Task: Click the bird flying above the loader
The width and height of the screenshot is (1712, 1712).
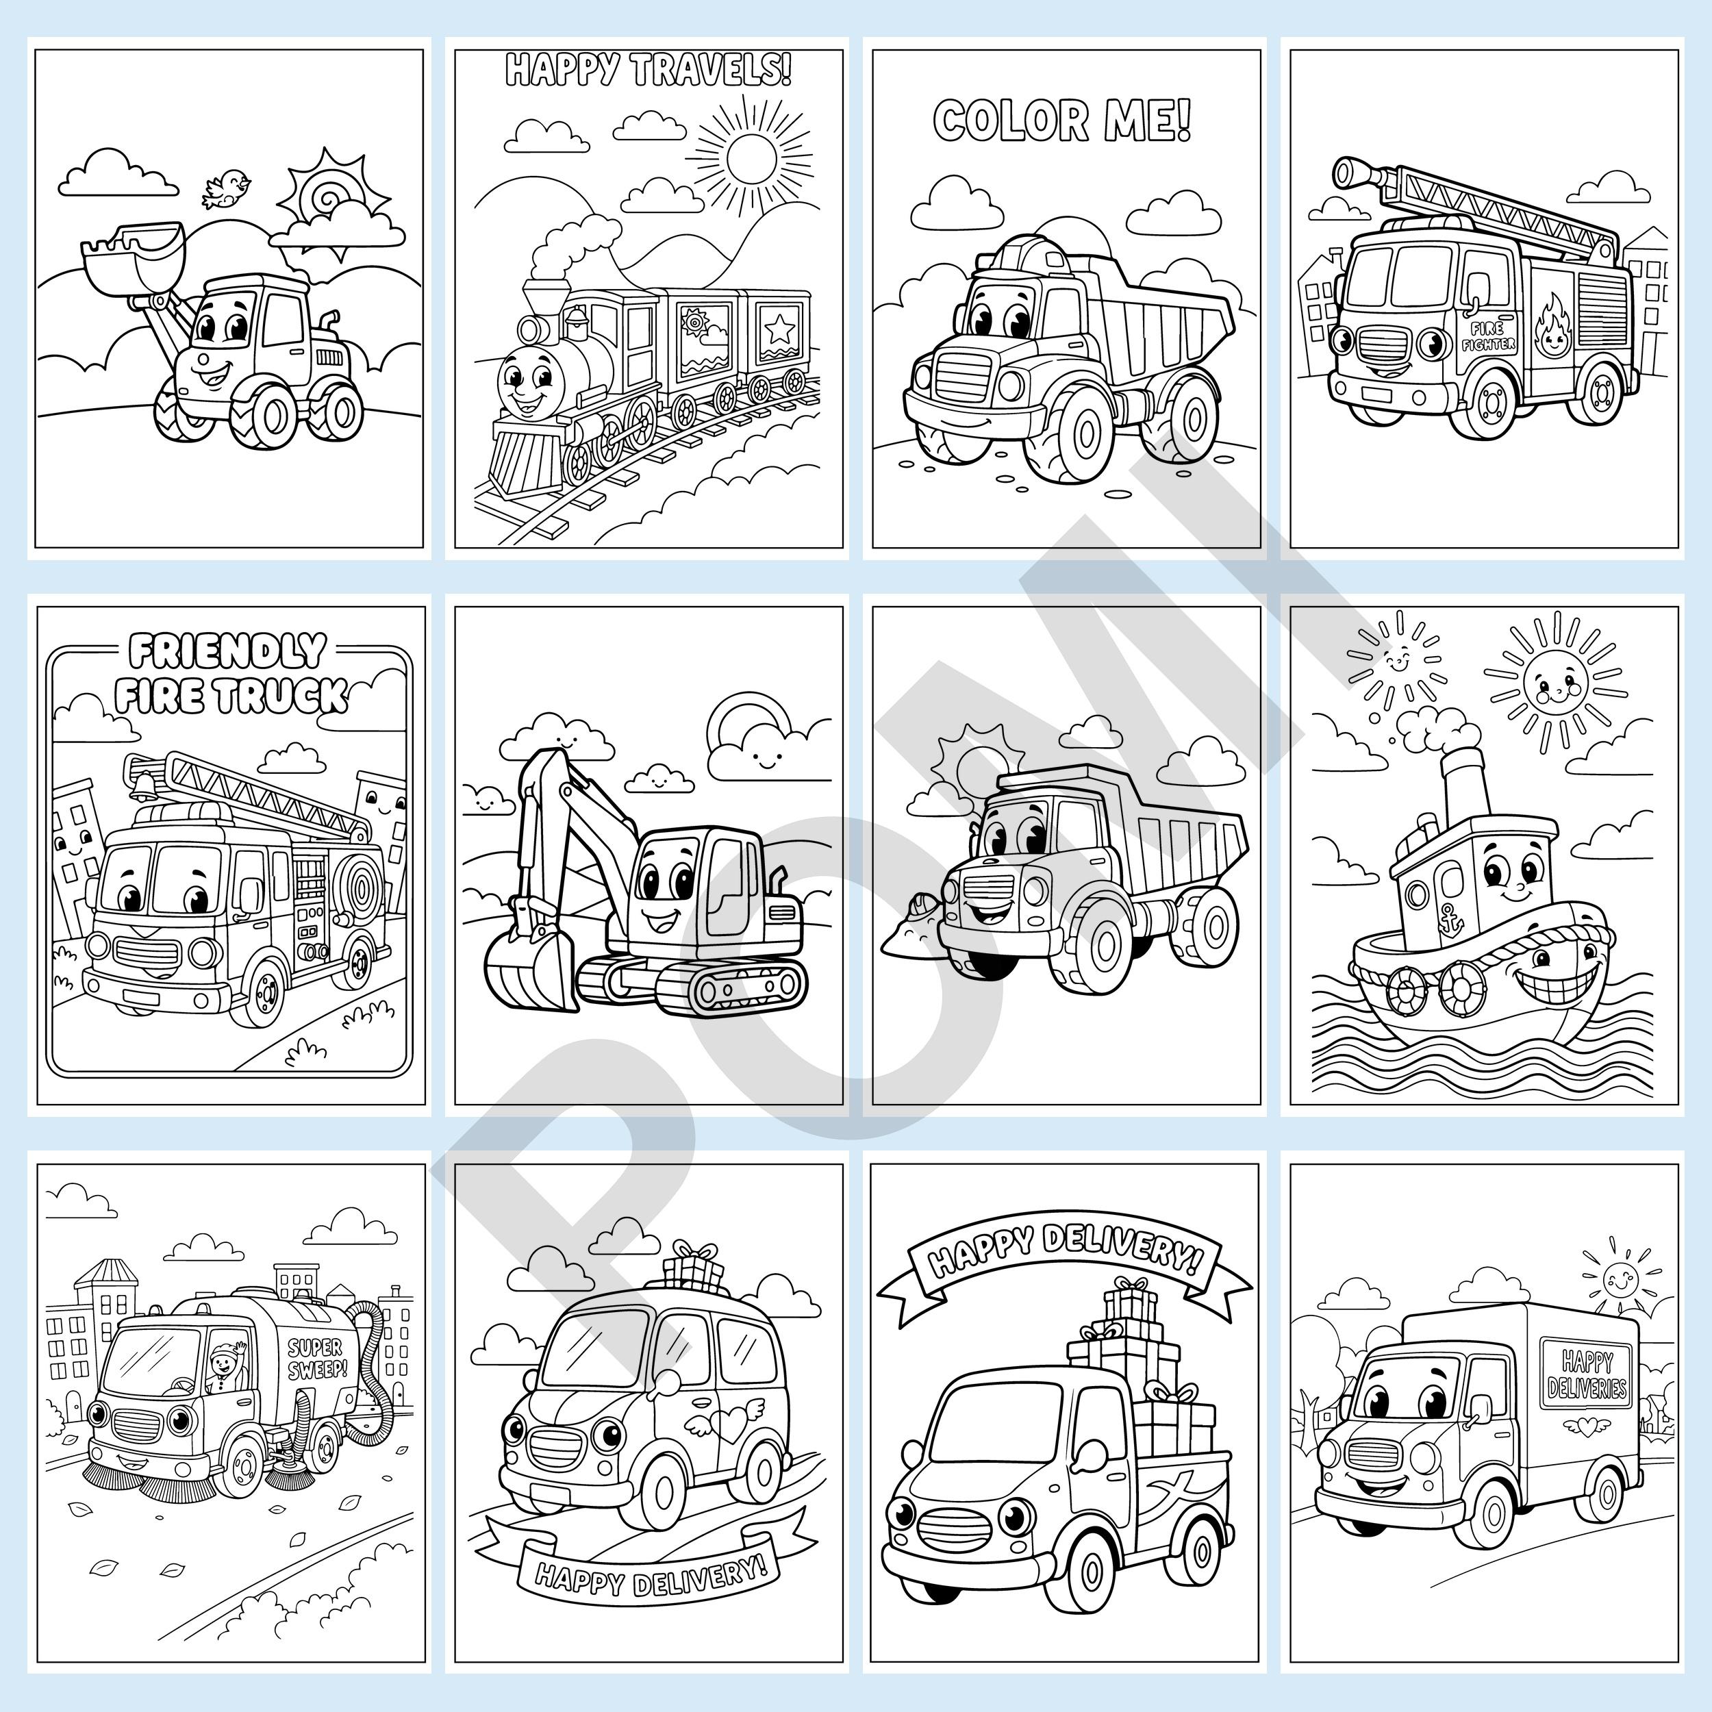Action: coord(226,190)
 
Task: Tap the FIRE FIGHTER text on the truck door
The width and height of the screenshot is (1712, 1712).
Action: coord(1489,335)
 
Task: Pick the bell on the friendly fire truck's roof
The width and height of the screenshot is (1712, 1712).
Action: coord(142,783)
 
